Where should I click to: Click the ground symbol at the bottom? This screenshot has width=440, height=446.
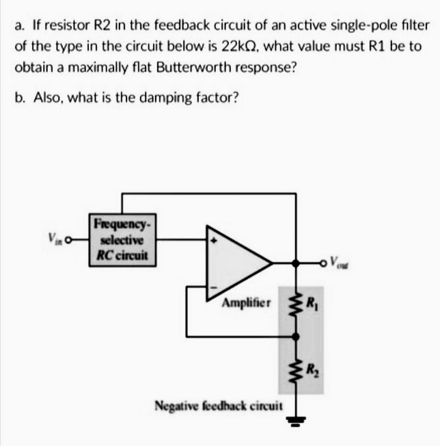tap(296, 419)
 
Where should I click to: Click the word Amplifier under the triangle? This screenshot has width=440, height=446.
tap(246, 302)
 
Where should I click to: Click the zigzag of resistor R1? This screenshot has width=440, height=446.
tap(296, 300)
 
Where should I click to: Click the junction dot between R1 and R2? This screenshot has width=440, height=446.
tap(296, 336)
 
